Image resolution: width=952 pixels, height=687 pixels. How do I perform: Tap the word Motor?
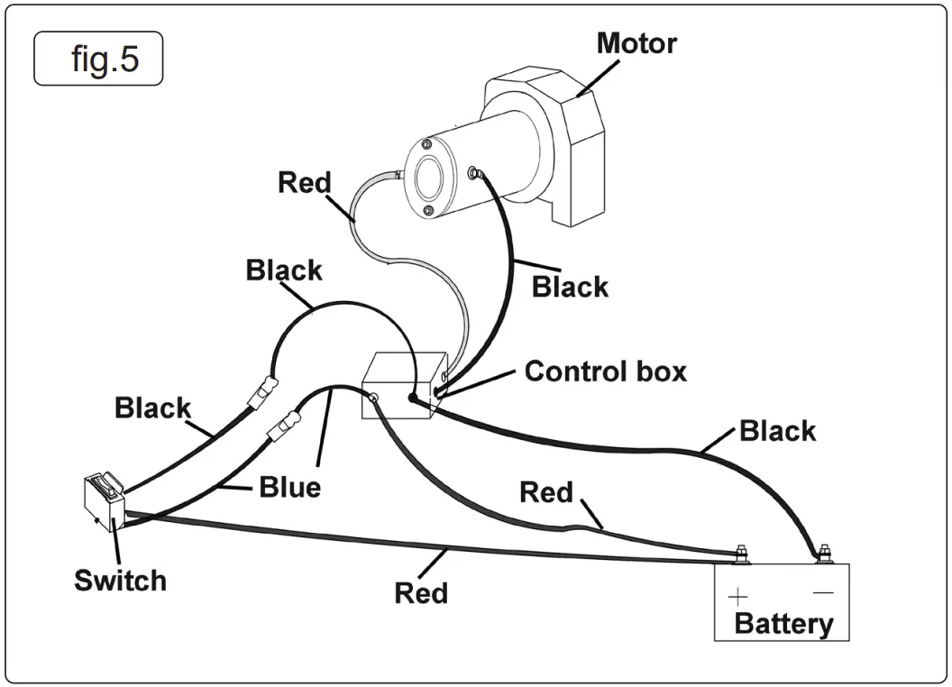[636, 42]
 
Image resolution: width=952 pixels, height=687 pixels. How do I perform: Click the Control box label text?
[605, 371]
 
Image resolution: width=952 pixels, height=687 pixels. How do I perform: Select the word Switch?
[120, 580]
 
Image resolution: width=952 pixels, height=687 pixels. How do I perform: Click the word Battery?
[783, 623]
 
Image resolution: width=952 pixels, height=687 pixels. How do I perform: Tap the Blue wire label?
[289, 487]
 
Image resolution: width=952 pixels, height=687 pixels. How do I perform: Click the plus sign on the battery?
[738, 596]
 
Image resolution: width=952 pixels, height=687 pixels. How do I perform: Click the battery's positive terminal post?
[740, 553]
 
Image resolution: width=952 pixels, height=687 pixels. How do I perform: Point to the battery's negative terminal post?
[822, 553]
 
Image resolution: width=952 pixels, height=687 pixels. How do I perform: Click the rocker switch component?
[103, 499]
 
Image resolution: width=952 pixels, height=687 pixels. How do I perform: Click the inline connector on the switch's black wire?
[261, 390]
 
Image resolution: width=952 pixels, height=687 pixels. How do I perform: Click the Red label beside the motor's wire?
[304, 182]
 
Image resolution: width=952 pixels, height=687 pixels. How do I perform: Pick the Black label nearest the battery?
[777, 430]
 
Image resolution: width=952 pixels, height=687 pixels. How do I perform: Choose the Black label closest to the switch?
[152, 408]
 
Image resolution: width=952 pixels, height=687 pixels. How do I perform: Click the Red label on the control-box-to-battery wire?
[545, 492]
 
